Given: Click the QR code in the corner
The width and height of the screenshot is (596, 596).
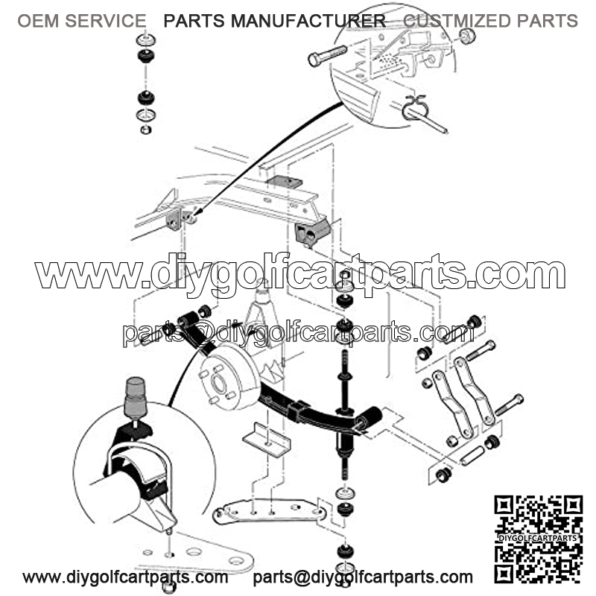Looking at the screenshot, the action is point(538,539).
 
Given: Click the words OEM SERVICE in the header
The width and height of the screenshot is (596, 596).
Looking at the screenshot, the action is point(82,21).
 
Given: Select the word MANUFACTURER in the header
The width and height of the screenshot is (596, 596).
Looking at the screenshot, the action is point(308,21).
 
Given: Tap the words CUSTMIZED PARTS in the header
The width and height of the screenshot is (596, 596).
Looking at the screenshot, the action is point(490,21).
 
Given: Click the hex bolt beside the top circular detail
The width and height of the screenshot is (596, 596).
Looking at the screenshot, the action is point(327,55).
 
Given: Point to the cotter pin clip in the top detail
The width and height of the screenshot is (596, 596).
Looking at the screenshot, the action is point(416,107).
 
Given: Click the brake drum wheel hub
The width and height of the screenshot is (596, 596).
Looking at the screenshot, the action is point(228,377).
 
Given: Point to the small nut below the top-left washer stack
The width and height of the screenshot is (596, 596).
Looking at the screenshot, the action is point(146,130).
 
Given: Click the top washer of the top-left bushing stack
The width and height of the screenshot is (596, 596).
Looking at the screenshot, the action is point(145,39).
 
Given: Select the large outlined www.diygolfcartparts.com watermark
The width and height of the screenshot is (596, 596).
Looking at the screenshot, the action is point(300,272).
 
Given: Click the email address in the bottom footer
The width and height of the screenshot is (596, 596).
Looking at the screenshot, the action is point(363,577).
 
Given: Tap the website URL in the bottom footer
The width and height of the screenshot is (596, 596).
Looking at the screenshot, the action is point(125,577).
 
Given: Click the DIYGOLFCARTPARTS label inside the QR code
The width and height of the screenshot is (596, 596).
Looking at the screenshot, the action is point(537,538).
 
